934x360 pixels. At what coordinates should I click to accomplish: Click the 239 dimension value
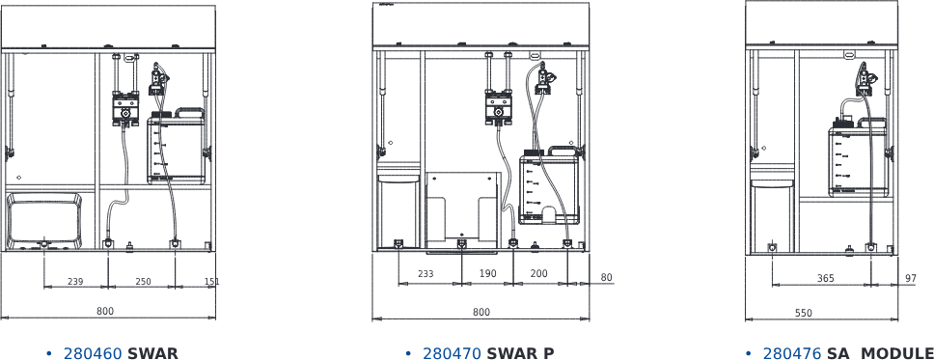pyautogui.click(x=75, y=282)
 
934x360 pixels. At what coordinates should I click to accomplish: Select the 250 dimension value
pyautogui.click(x=143, y=282)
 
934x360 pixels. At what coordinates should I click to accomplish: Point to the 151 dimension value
pyautogui.click(x=211, y=282)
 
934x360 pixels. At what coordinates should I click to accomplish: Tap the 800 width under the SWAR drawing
pyautogui.click(x=104, y=311)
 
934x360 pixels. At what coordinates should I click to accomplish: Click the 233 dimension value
pyautogui.click(x=426, y=274)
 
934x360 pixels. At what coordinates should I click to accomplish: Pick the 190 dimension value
pyautogui.click(x=488, y=274)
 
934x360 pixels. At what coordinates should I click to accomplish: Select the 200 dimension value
pyautogui.click(x=539, y=274)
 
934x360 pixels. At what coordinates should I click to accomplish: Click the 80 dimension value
pyautogui.click(x=606, y=278)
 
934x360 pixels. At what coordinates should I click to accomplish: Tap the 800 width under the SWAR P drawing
pyautogui.click(x=481, y=312)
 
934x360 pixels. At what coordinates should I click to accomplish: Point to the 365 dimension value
pyautogui.click(x=825, y=278)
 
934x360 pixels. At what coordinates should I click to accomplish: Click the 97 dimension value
pyautogui.click(x=911, y=278)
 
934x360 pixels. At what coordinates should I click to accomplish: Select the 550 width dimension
pyautogui.click(x=804, y=313)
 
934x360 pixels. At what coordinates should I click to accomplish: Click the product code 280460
pyautogui.click(x=93, y=353)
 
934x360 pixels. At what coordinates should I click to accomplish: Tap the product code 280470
pyautogui.click(x=452, y=353)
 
